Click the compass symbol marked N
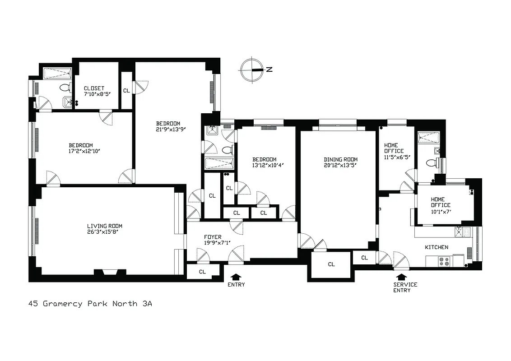pyautogui.click(x=252, y=70)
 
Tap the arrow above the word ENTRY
pyautogui.click(x=236, y=276)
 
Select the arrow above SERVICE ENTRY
pyautogui.click(x=401, y=276)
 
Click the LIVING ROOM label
pyautogui.click(x=105, y=229)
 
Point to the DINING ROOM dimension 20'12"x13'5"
pyautogui.click(x=340, y=165)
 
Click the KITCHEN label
pyautogui.click(x=437, y=247)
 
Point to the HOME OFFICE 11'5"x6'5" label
pyautogui.click(x=394, y=151)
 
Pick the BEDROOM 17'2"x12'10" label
pyautogui.click(x=81, y=148)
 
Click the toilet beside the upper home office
pyautogui.click(x=430, y=162)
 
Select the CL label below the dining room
pyautogui.click(x=331, y=264)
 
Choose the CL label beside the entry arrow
pyautogui.click(x=202, y=271)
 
